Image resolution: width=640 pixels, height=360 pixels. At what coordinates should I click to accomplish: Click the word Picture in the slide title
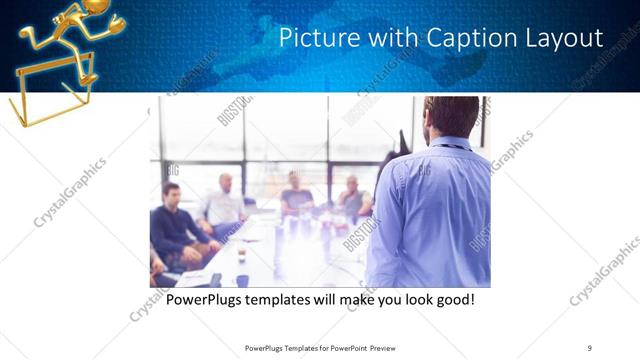(x=311, y=39)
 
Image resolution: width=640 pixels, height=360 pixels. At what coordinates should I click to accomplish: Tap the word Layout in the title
(x=566, y=39)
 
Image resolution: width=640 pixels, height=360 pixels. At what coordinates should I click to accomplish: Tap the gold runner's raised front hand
(x=118, y=19)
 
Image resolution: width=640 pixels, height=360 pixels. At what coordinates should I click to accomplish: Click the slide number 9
(x=589, y=347)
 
